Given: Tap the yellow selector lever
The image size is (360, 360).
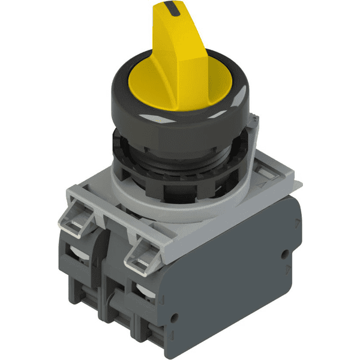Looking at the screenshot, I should click(180, 54).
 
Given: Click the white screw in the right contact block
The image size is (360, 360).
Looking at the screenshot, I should click(144, 290).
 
